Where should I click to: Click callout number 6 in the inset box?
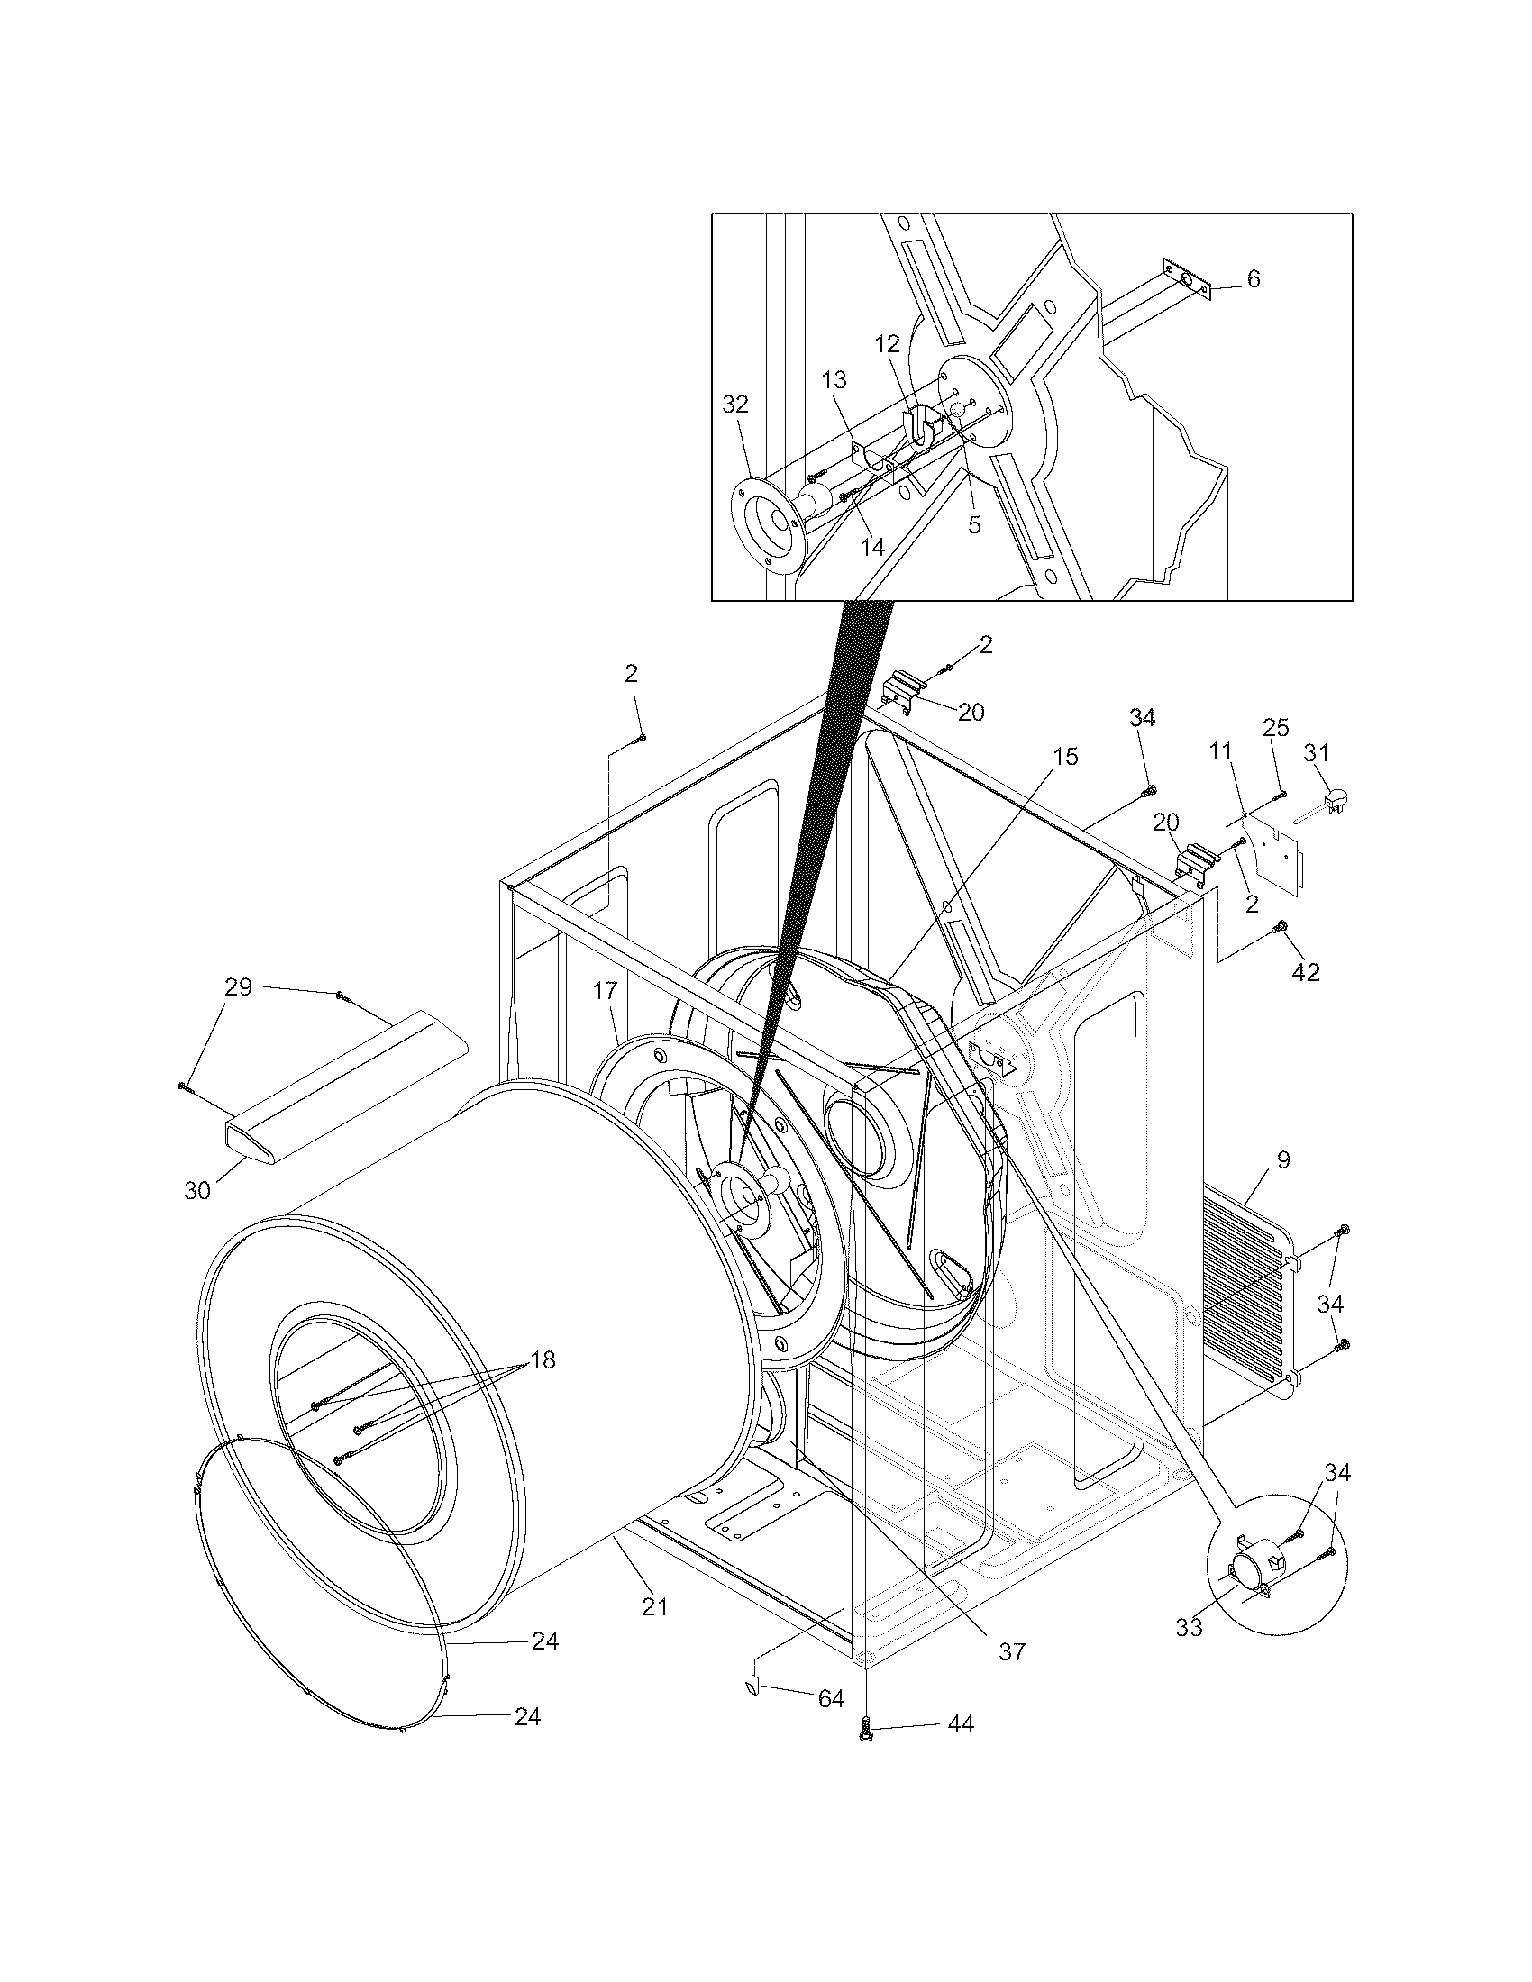1254,279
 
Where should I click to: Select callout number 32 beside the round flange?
735,405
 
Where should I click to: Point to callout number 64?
831,1699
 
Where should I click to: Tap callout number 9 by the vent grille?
1282,1159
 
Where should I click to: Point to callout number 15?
1066,757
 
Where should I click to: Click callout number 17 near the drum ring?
606,992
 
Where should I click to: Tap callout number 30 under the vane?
197,1191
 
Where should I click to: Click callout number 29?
238,987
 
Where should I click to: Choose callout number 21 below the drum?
654,1606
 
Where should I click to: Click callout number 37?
1011,1651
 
